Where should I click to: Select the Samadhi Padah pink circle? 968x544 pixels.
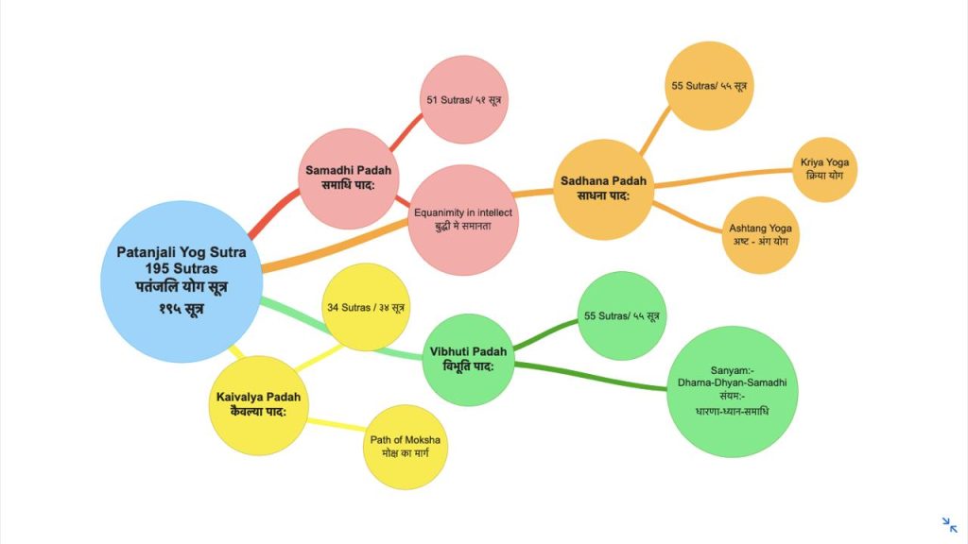(348, 177)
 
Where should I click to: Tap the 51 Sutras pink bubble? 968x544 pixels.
(464, 99)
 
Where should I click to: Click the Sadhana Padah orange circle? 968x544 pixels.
(603, 188)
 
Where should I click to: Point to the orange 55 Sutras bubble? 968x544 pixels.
(709, 85)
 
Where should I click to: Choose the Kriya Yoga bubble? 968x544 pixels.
(823, 170)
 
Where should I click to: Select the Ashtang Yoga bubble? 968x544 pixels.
(760, 234)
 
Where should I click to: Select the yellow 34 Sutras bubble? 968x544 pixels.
(366, 307)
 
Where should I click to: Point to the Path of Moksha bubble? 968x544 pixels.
(405, 448)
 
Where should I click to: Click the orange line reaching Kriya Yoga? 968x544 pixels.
(728, 177)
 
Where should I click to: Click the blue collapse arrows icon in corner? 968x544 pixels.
(949, 525)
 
